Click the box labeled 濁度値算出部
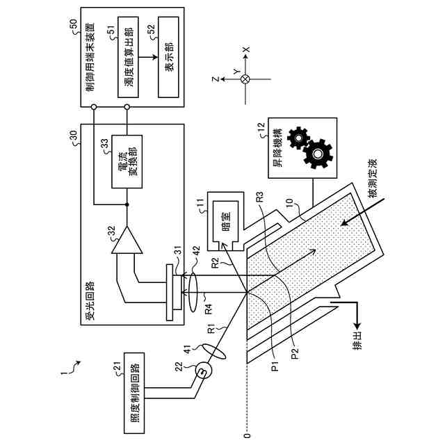[128, 57]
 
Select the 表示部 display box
[168, 57]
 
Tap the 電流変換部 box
[127, 161]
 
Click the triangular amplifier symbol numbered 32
[127, 240]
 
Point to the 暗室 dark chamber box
[226, 221]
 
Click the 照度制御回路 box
[134, 393]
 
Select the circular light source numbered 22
[204, 370]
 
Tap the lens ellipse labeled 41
[214, 352]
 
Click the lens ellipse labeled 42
[193, 292]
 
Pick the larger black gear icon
[317, 154]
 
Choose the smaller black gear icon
[298, 138]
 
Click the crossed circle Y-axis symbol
[245, 79]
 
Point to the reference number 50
[73, 25]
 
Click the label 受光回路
[90, 301]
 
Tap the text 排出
[357, 341]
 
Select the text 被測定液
[373, 178]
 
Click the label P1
[275, 364]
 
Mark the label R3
[259, 197]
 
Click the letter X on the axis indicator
[246, 49]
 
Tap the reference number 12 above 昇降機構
[261, 127]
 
